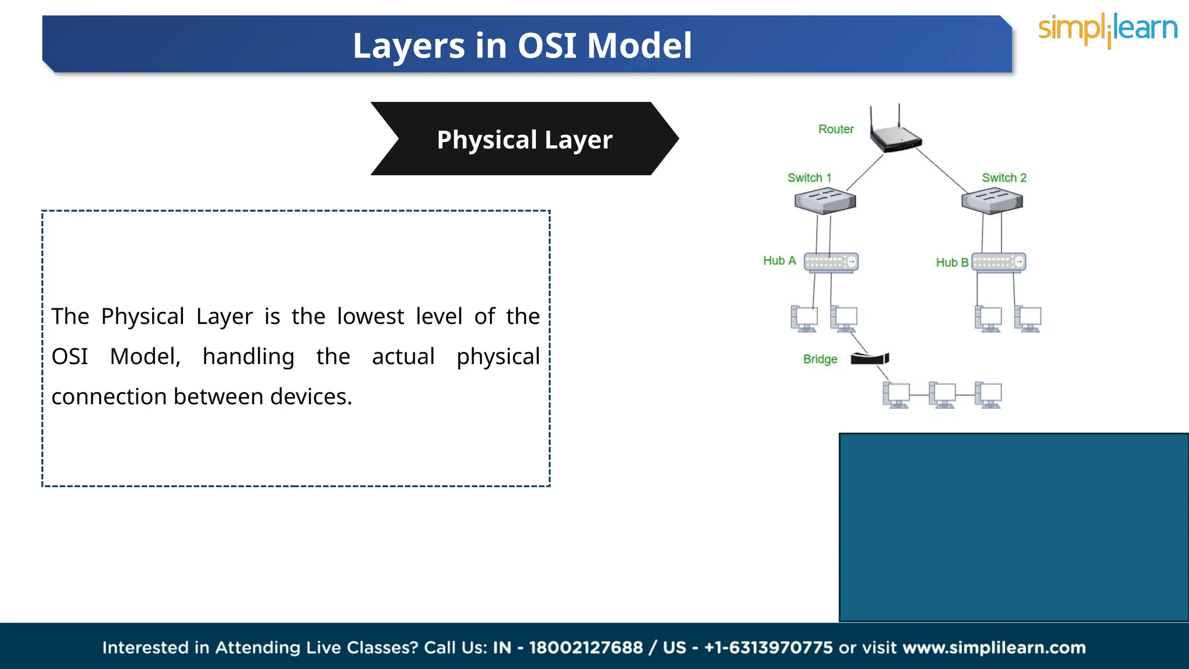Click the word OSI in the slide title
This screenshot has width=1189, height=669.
(547, 45)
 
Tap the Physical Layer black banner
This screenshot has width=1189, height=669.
(524, 139)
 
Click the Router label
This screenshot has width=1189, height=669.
(835, 129)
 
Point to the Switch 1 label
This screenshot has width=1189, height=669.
(809, 178)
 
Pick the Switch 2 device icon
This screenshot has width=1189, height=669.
(992, 201)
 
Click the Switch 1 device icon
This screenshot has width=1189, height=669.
(825, 201)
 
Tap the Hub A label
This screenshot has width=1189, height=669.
(779, 261)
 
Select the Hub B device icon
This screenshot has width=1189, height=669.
(999, 262)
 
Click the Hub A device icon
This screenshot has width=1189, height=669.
(831, 262)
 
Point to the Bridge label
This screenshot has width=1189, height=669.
(820, 359)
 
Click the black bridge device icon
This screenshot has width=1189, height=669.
(870, 358)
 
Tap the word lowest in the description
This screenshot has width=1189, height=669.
(370, 316)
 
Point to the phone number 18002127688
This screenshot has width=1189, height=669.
(586, 648)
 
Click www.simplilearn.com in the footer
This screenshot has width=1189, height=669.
(994, 648)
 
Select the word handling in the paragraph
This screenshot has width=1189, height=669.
(248, 357)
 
